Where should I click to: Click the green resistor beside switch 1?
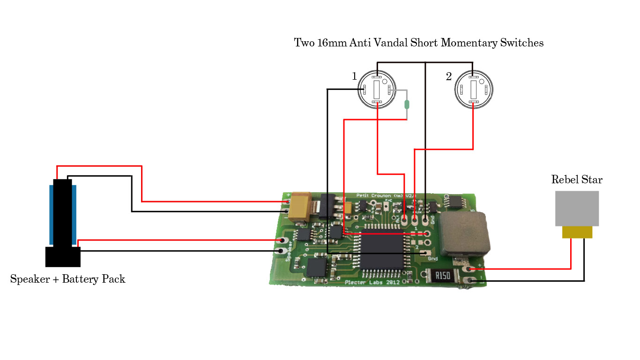[x=407, y=104]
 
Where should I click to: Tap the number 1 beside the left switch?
[x=355, y=76]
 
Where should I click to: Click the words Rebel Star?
[x=577, y=180]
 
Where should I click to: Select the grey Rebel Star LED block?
[x=577, y=208]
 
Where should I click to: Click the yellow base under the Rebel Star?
[x=577, y=232]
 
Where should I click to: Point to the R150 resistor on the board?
[x=442, y=276]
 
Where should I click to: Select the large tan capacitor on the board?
[x=299, y=207]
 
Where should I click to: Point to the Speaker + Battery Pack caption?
[x=68, y=279]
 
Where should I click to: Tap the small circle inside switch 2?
[x=481, y=82]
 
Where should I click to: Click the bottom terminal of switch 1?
[x=377, y=102]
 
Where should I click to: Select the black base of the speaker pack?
[x=63, y=256]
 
